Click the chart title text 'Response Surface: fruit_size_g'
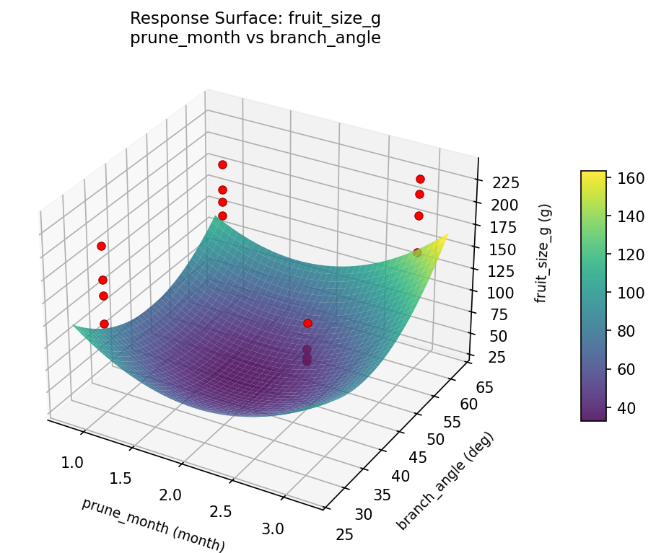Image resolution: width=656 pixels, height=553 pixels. coord(255,19)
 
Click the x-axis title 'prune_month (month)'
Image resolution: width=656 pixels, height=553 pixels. coord(153,525)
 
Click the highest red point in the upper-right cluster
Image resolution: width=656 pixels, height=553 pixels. coord(420,179)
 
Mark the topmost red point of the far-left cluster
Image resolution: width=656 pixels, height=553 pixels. coord(101,246)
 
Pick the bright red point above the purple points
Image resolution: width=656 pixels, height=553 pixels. coord(307,323)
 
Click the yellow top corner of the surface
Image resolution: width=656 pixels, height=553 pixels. coord(447,234)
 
